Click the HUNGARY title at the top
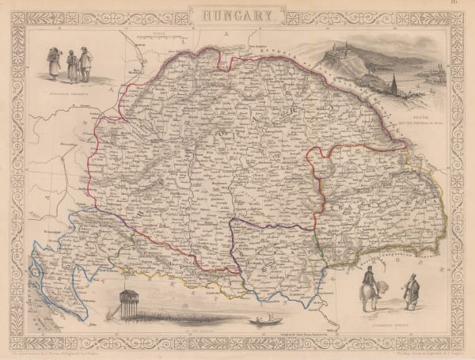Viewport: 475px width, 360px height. (237, 13)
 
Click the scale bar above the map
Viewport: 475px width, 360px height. (158, 36)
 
